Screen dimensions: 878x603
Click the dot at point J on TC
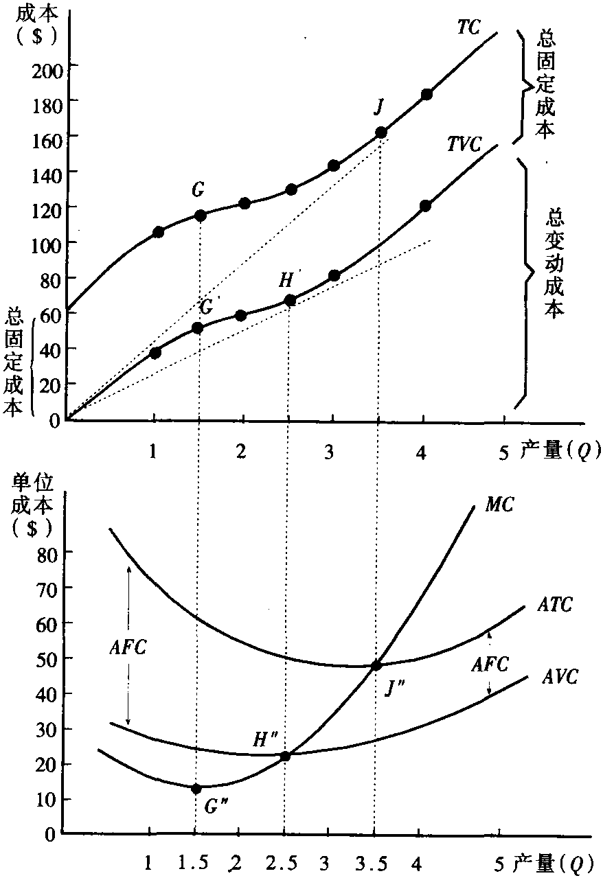(381, 132)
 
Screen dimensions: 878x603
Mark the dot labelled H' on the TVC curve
(290, 300)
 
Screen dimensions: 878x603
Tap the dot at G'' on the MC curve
(196, 789)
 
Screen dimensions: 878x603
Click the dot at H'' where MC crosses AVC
(285, 756)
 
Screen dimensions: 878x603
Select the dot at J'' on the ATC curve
(376, 665)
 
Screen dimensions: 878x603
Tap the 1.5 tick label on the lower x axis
(195, 860)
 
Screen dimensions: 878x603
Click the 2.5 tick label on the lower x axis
(283, 860)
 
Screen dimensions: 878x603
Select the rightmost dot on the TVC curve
(425, 205)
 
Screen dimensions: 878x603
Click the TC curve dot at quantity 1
(158, 232)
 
